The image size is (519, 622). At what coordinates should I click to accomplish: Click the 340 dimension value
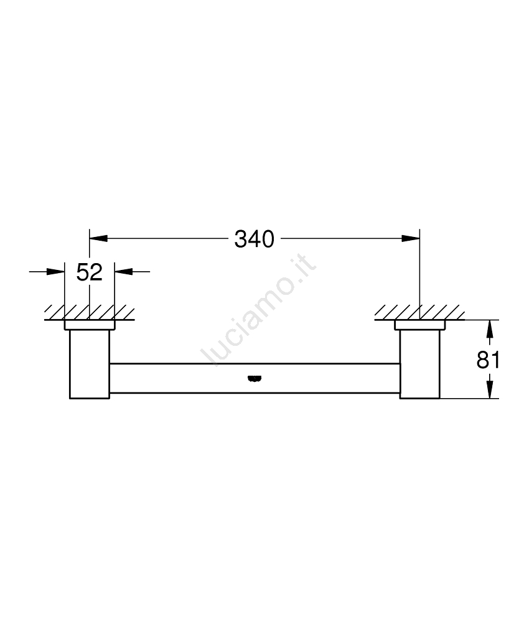[255, 239]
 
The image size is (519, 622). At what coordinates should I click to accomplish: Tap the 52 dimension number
[89, 272]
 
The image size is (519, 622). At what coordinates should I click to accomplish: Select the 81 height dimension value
[488, 360]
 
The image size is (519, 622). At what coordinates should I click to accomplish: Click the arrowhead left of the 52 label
[55, 272]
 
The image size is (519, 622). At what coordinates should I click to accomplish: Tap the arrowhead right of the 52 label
[124, 272]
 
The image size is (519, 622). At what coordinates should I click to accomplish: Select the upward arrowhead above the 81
[490, 329]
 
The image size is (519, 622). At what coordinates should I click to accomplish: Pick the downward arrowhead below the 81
[490, 389]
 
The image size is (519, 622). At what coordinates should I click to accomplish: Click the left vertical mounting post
[90, 364]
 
